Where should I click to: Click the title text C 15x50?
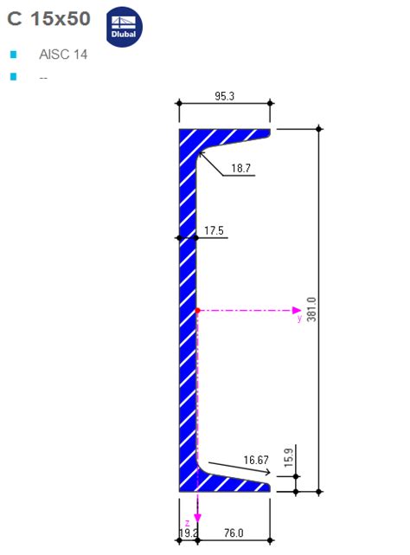[x=48, y=20]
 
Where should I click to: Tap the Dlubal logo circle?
[x=124, y=27]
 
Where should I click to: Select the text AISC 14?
[x=63, y=55]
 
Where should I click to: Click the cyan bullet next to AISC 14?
[x=13, y=55]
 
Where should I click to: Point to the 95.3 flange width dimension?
[x=224, y=96]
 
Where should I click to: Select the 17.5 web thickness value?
[x=214, y=230]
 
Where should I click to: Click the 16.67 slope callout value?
[x=256, y=460]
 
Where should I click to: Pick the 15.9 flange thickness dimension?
[x=289, y=453]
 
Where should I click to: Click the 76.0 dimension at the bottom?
[x=234, y=532]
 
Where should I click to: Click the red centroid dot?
[x=197, y=309]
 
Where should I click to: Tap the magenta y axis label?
[x=299, y=318]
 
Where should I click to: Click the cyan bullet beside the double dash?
[x=13, y=77]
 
